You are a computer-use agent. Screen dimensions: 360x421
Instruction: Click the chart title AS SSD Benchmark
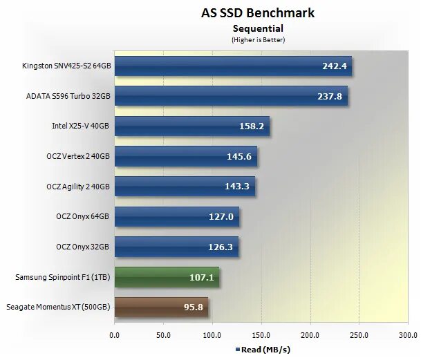click(258, 13)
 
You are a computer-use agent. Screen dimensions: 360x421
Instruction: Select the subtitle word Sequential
click(258, 28)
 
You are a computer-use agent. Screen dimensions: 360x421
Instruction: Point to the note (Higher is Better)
click(258, 39)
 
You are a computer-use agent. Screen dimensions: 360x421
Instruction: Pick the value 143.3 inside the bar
click(238, 187)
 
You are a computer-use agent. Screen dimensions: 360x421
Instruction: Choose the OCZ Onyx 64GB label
click(82, 216)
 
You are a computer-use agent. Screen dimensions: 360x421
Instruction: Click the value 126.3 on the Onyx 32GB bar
click(221, 247)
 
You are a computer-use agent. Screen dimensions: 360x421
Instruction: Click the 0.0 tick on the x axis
click(115, 335)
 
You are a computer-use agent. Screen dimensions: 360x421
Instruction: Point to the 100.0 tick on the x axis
click(212, 335)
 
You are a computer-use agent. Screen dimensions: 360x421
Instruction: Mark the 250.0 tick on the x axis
click(359, 335)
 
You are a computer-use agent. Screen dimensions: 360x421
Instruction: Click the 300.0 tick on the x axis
click(408, 335)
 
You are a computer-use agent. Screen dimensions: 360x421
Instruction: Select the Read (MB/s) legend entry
click(262, 349)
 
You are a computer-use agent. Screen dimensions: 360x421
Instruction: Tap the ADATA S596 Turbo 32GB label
click(67, 97)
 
